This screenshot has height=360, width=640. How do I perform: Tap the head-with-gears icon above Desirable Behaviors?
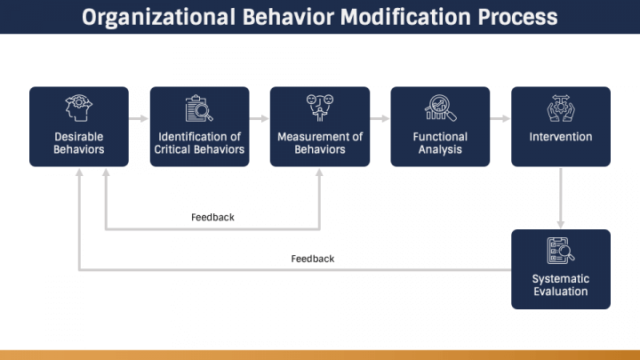pyautogui.click(x=79, y=108)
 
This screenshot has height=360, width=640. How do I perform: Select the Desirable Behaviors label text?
pyautogui.click(x=79, y=143)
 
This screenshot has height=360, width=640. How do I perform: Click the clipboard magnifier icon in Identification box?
pyautogui.click(x=199, y=108)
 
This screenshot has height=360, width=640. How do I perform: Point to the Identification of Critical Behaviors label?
pyautogui.click(x=199, y=143)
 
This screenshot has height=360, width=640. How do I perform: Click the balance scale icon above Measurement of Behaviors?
pyautogui.click(x=320, y=108)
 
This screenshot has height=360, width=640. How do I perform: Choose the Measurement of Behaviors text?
pyautogui.click(x=320, y=143)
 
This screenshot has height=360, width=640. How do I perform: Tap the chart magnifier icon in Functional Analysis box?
pyautogui.click(x=440, y=108)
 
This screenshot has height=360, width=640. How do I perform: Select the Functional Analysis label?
pyautogui.click(x=440, y=143)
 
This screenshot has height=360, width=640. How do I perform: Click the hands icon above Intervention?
pyautogui.click(x=561, y=108)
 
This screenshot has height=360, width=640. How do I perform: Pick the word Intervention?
pyautogui.click(x=561, y=137)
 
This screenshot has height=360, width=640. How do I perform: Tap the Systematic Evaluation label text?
pyautogui.click(x=561, y=285)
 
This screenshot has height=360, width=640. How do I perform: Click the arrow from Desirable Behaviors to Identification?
pyautogui.click(x=139, y=118)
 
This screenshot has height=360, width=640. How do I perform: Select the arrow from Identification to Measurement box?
pyautogui.click(x=260, y=118)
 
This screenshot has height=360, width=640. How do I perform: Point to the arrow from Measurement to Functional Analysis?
pyautogui.click(x=380, y=118)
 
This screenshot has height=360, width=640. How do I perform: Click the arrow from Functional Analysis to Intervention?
pyautogui.click(x=500, y=118)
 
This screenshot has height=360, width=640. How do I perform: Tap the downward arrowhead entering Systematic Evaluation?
pyautogui.click(x=561, y=223)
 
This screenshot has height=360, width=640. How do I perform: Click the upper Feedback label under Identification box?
pyautogui.click(x=212, y=217)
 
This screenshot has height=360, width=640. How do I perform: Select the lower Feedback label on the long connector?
pyautogui.click(x=313, y=259)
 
